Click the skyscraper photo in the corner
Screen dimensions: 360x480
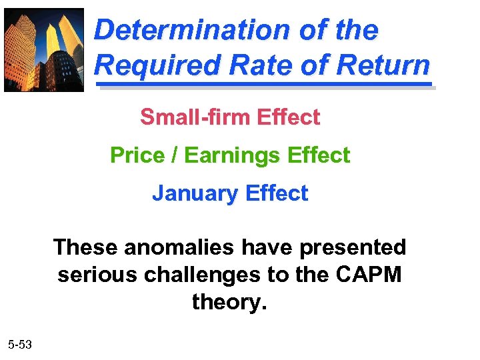point(44,49)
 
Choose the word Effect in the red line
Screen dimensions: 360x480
point(288,117)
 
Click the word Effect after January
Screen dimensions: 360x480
point(277,193)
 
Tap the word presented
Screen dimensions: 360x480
point(353,247)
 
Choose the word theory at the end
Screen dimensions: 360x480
point(229,303)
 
